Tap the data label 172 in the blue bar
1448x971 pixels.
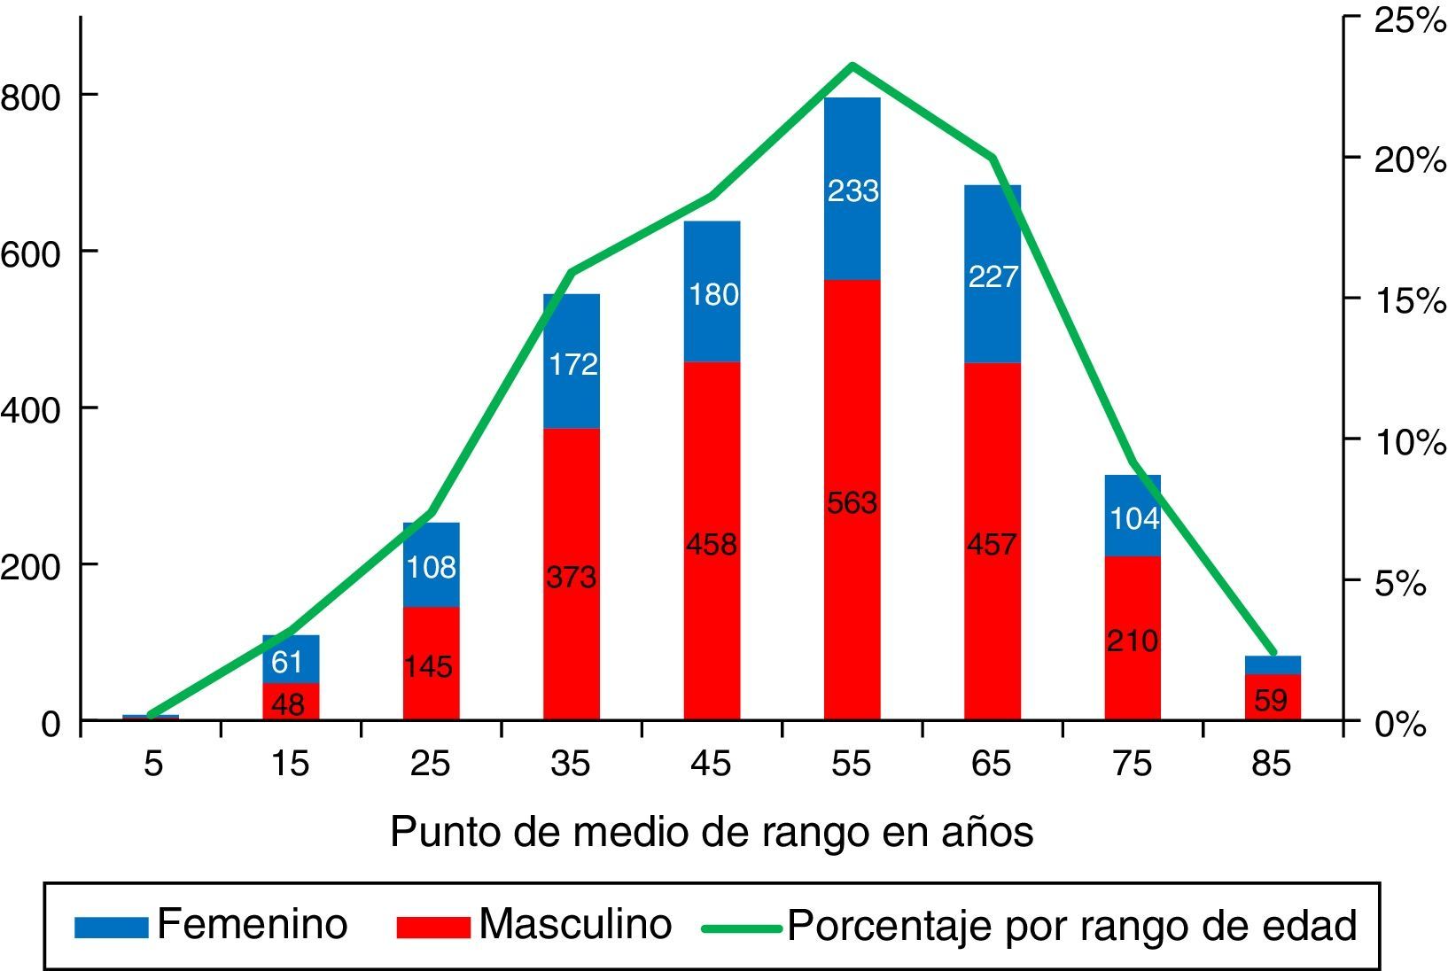pyautogui.click(x=572, y=364)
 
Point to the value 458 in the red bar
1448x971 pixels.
pyautogui.click(x=712, y=544)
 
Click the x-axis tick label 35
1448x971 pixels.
pyautogui.click(x=571, y=764)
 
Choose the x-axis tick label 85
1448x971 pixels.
pyautogui.click(x=1272, y=764)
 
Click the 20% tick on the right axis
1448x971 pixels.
pyautogui.click(x=1409, y=160)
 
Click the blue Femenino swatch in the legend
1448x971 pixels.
pyautogui.click(x=111, y=927)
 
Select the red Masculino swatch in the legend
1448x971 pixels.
pyautogui.click(x=432, y=927)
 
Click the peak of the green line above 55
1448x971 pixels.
pyautogui.click(x=852, y=65)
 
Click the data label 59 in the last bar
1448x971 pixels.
pyautogui.click(x=1271, y=701)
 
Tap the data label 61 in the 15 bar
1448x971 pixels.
pyautogui.click(x=287, y=662)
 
